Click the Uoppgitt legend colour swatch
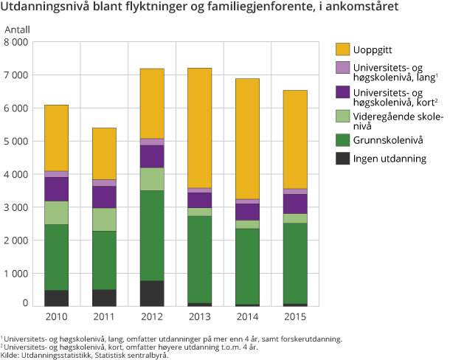pos(342,49)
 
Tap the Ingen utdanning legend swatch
pos(342,158)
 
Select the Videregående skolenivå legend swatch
pos(342,116)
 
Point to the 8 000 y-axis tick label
pos(16,42)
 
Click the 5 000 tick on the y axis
pos(16,141)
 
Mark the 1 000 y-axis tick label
pos(16,273)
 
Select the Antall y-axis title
pos(18,29)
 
